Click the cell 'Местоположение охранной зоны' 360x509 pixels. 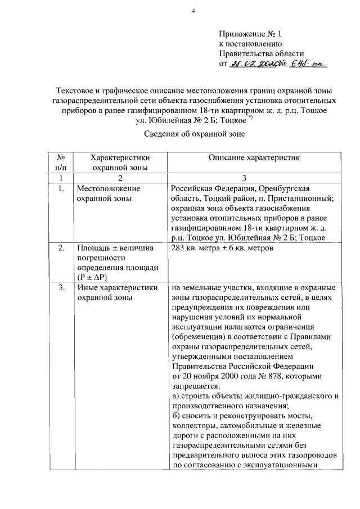[x=108, y=193]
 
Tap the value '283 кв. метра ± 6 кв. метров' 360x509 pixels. [x=222, y=249]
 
